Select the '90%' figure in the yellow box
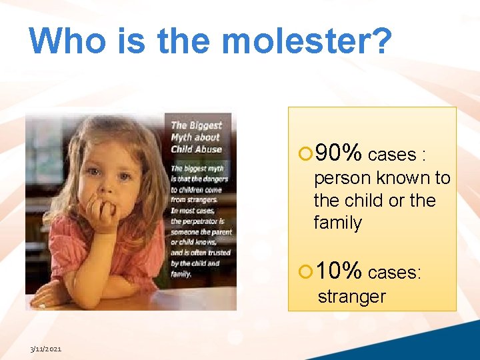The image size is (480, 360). click(339, 153)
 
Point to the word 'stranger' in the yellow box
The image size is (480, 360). click(351, 297)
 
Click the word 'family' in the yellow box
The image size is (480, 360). click(337, 223)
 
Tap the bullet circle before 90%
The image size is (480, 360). click(305, 155)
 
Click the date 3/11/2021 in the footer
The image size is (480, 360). click(45, 349)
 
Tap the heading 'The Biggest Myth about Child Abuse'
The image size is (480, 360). click(197, 137)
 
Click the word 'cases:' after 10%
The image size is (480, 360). click(395, 272)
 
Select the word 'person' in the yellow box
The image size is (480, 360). click(342, 178)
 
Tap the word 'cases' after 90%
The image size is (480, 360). click(391, 155)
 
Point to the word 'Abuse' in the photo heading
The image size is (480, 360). click(207, 149)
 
